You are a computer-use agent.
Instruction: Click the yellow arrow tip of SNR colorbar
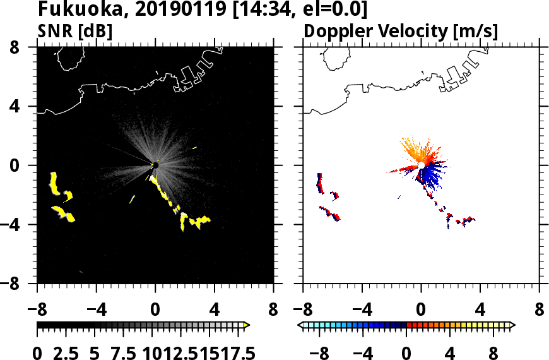[x=247, y=325]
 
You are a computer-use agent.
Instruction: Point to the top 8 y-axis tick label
[x=21, y=47]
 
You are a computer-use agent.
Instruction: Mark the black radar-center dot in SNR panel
[x=155, y=165]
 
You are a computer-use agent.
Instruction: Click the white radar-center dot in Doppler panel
[x=421, y=165]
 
